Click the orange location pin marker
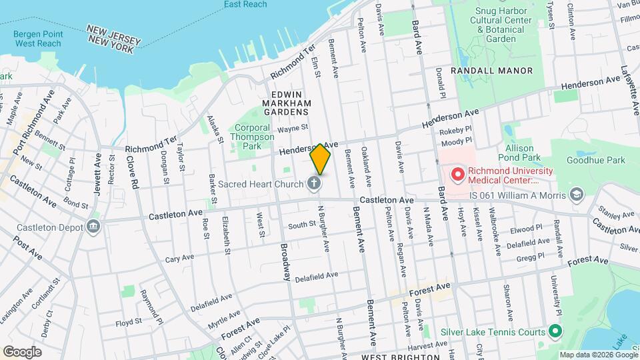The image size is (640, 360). pyautogui.click(x=321, y=159)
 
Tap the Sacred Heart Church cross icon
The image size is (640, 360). pyautogui.click(x=315, y=183)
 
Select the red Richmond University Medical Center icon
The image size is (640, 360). pyautogui.click(x=457, y=175)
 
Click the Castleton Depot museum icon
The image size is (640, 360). pyautogui.click(x=93, y=227)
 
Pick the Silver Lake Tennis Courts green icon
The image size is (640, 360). pyautogui.click(x=554, y=331)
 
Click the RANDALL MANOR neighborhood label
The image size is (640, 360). pyautogui.click(x=491, y=71)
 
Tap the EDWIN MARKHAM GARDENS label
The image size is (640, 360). pyautogui.click(x=287, y=103)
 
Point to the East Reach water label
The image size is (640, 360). pyautogui.click(x=246, y=5)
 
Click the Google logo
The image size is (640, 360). pyautogui.click(x=22, y=351)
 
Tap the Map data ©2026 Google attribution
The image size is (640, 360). pyautogui.click(x=598, y=355)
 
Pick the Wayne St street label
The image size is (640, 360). pyautogui.click(x=293, y=128)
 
